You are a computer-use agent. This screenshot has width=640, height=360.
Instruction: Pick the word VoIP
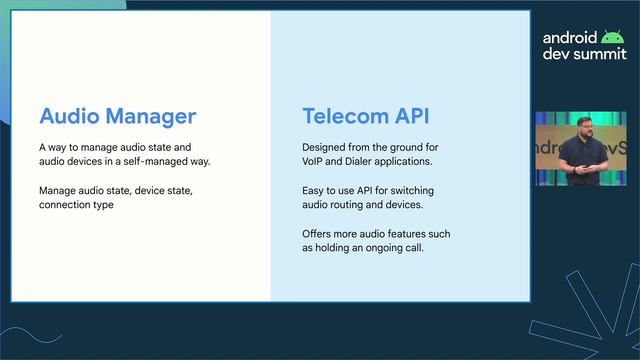point(313,161)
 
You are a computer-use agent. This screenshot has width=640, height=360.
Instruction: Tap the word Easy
point(314,190)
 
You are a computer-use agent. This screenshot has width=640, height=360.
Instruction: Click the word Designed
point(327,147)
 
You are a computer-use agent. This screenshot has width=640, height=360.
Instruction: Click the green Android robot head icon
point(611,37)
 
